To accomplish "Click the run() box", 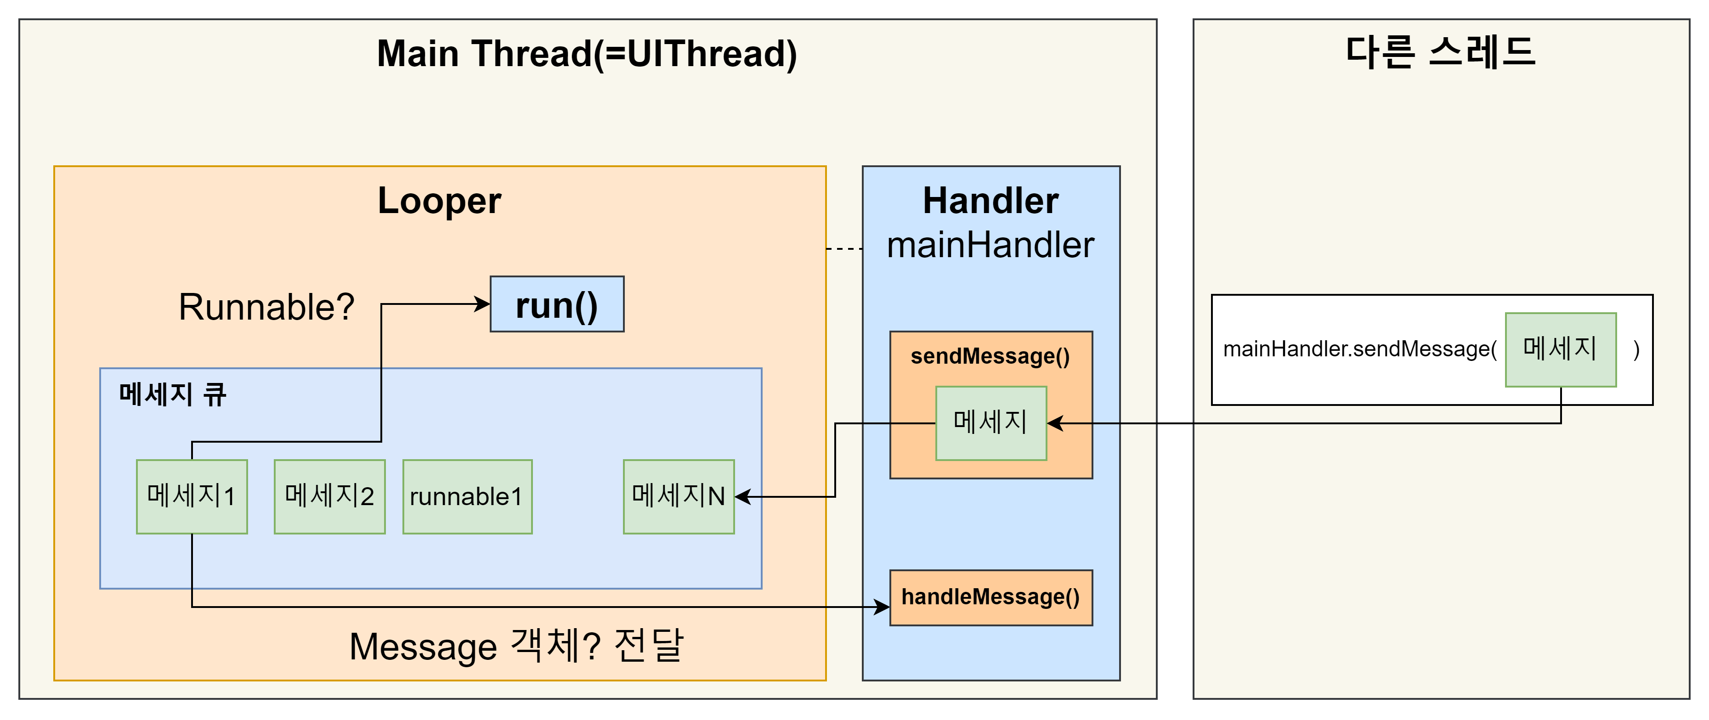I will tap(557, 304).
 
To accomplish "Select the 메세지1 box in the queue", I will tap(192, 496).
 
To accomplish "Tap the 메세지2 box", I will tap(330, 496).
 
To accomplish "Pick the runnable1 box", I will tap(467, 496).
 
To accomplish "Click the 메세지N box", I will tap(679, 496).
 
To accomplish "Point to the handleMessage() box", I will tap(990, 597).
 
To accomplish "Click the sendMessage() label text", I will tap(990, 357).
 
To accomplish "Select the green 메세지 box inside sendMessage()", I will tap(990, 423).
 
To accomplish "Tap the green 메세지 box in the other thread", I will tap(1561, 349).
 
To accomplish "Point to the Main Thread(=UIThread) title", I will tap(587, 54).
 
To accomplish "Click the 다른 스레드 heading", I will tap(1441, 52).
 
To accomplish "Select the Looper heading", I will tap(439, 201).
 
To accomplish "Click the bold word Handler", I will tap(990, 201).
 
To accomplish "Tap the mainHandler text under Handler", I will tap(990, 245).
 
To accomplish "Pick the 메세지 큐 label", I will tap(172, 394).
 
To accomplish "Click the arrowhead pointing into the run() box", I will tap(483, 304).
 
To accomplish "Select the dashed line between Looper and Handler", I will tap(844, 248).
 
